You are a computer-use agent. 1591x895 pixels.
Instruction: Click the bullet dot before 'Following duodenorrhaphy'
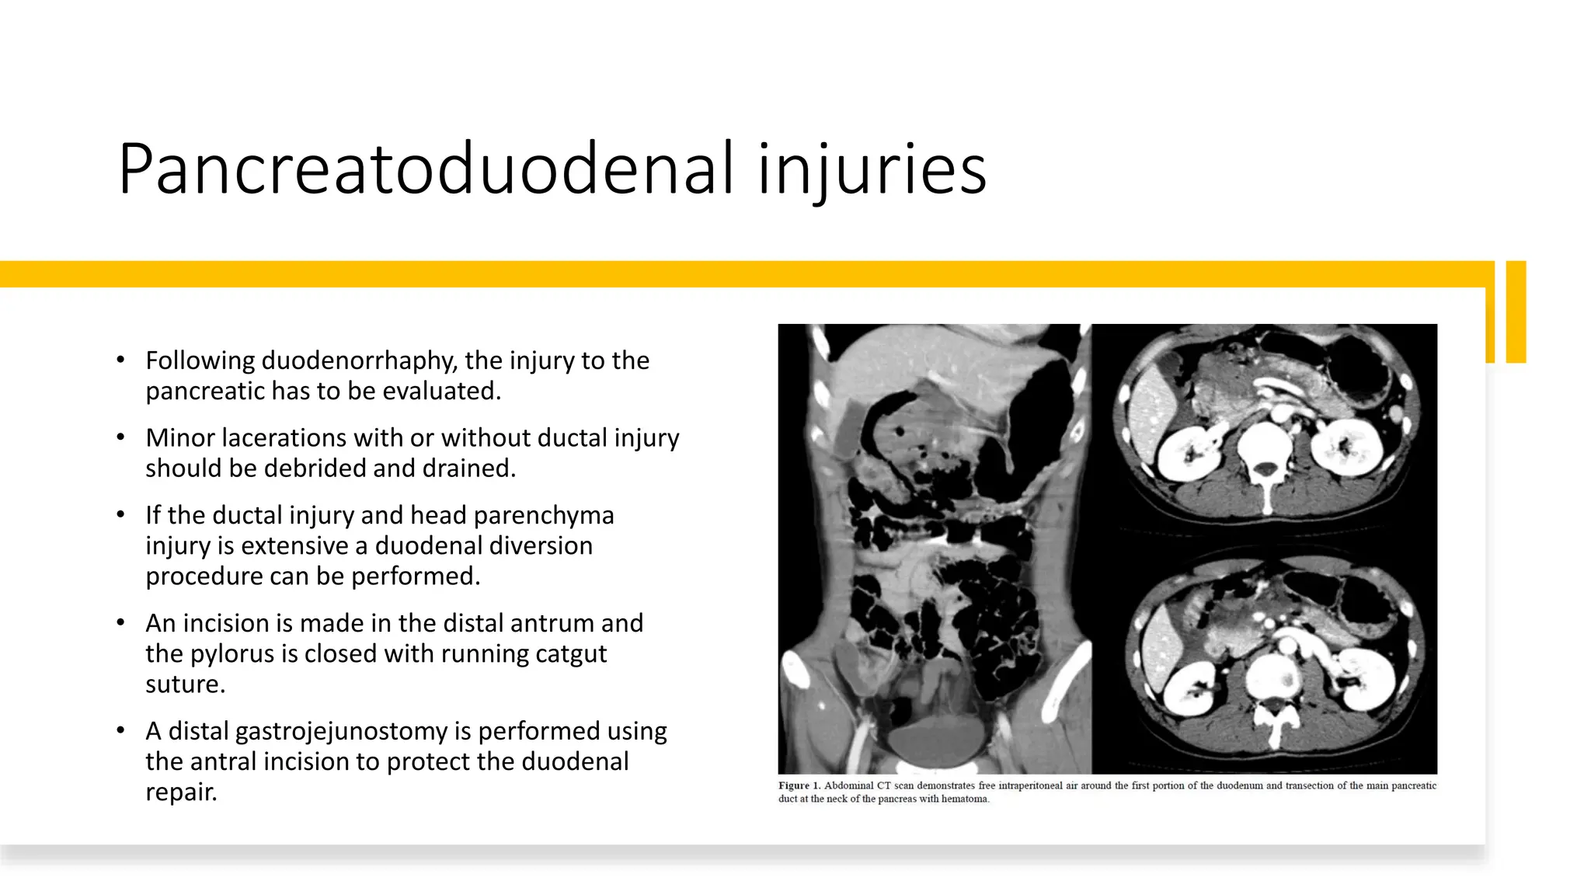tap(120, 360)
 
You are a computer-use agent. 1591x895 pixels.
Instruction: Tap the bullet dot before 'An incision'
tap(120, 622)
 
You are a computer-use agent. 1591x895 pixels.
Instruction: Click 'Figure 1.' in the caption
tap(799, 785)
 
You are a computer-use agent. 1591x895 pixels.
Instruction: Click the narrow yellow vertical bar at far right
tap(1516, 312)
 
